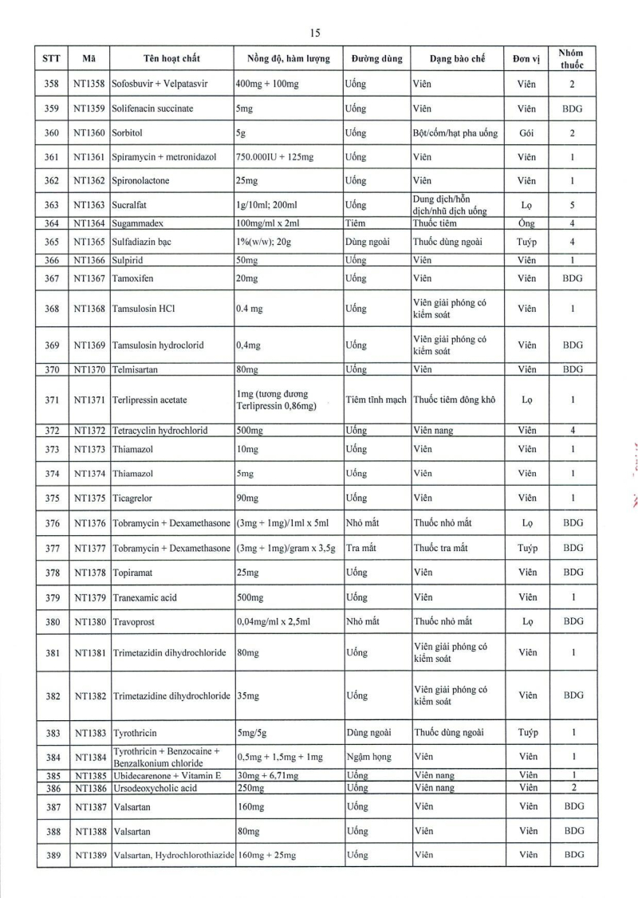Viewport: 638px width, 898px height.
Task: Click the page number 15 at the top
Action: pos(315,33)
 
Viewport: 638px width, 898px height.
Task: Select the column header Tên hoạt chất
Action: pos(171,59)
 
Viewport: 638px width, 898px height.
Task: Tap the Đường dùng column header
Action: pos(376,59)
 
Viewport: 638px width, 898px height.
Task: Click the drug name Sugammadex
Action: pos(142,223)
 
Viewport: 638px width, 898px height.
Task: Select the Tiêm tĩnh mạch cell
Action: pos(377,400)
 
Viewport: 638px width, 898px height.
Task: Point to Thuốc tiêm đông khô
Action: pos(455,400)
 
